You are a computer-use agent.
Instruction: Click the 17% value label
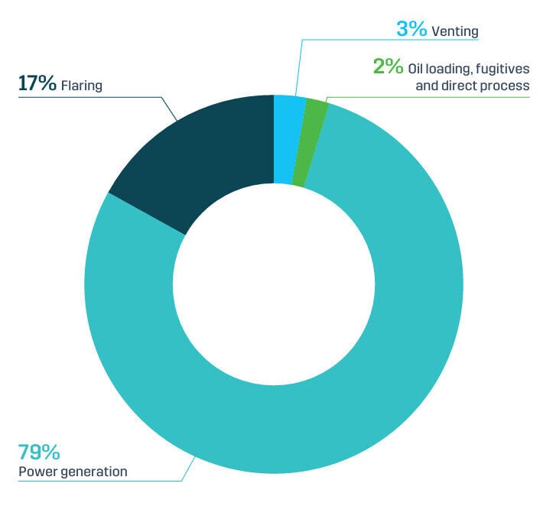coord(37,83)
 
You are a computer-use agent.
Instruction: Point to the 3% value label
coord(411,31)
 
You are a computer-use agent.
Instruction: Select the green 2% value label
coord(388,67)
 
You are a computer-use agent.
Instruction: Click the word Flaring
coord(81,85)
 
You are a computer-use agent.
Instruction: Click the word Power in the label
coord(37,472)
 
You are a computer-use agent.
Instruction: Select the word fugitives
coord(503,69)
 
